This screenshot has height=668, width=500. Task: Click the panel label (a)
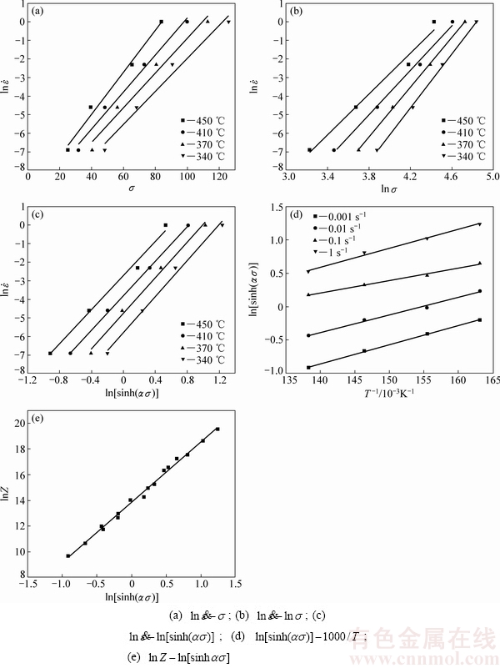[39, 13]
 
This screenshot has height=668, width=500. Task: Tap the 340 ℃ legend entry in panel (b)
[462, 157]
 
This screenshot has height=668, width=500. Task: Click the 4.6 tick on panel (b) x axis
[452, 176]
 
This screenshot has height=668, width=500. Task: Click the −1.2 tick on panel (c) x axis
[27, 380]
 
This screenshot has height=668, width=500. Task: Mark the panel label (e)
[39, 413]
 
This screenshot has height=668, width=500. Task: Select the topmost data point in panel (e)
[217, 429]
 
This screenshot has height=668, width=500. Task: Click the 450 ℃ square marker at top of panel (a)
[162, 22]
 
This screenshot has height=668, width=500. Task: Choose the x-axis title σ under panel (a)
[132, 188]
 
